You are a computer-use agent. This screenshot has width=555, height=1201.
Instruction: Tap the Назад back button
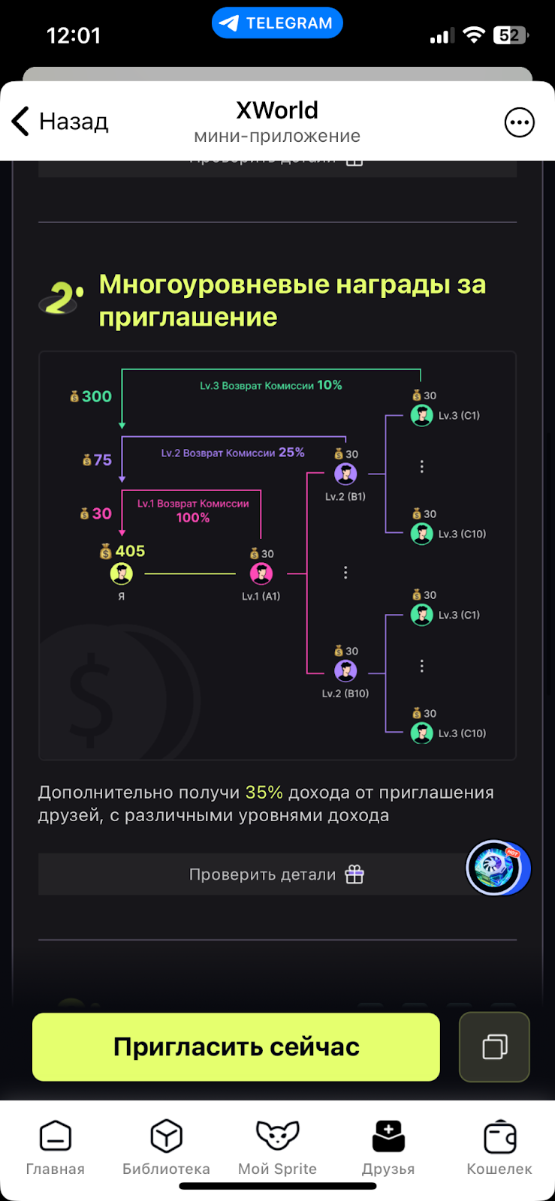pos(60,122)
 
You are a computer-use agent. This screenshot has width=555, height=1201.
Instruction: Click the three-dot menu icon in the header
pos(519,122)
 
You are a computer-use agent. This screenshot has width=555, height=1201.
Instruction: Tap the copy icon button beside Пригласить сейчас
pos(494,1046)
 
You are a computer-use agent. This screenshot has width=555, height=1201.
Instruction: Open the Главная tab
pos(56,1147)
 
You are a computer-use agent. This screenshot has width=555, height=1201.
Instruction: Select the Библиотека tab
pos(166,1147)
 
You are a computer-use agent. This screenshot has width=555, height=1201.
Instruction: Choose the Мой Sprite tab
pos(277,1147)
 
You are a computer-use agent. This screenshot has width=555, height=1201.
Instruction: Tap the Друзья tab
pos(388,1147)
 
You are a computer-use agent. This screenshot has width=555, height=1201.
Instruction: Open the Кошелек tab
pos(499,1147)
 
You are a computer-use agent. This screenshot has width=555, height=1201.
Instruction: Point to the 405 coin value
pos(129,551)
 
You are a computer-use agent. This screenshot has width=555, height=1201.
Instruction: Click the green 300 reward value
pos(95,396)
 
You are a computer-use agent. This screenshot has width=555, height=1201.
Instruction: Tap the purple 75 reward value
pos(102,459)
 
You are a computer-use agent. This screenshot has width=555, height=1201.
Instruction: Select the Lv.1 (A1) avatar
pos(261,574)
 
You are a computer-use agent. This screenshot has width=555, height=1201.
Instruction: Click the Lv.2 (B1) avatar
pos(345,474)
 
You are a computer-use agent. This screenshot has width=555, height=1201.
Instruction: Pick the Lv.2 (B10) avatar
pos(345,671)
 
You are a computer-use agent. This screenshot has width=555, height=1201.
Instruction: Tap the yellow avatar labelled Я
pos(122,574)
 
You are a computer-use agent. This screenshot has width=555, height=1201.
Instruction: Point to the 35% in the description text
pos(264,793)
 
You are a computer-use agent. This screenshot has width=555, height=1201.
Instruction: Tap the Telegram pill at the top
pos(277,23)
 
